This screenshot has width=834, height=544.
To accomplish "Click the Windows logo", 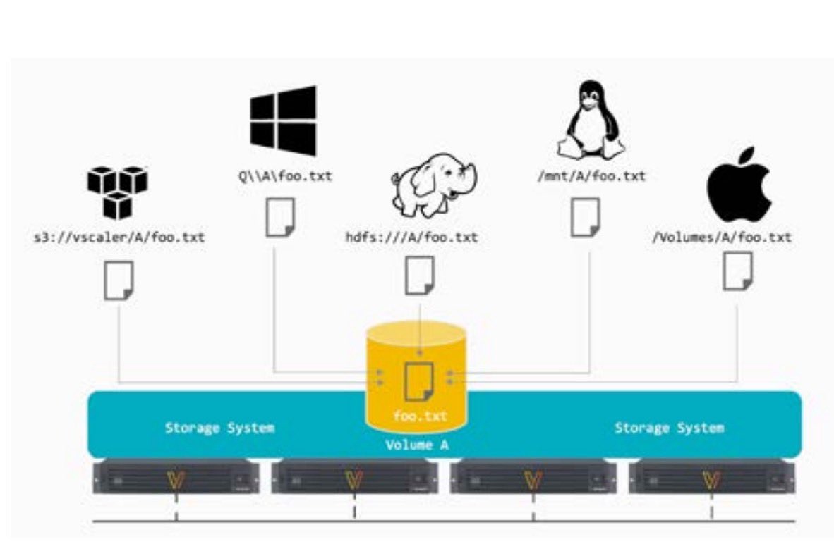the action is click(x=283, y=120).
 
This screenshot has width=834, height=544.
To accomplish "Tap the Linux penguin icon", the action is click(x=591, y=119).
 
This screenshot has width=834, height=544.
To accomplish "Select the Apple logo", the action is click(x=739, y=185).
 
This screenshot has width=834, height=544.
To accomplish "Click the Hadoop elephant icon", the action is click(x=433, y=185).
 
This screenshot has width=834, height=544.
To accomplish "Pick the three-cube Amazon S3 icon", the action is click(x=118, y=193).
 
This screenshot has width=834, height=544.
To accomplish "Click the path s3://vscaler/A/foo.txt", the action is click(x=119, y=237).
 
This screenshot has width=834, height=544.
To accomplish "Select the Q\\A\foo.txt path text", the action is click(x=285, y=176).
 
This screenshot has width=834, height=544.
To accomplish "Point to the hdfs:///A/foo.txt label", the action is click(x=411, y=237).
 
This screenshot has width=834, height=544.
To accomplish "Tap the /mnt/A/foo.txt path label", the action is click(x=591, y=176).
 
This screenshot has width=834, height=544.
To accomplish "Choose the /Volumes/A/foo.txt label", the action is click(x=722, y=237).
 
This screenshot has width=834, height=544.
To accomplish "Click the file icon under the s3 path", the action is click(x=119, y=280).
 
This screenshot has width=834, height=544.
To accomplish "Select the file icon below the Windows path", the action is click(x=280, y=217).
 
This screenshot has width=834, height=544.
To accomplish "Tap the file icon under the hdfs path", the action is click(x=421, y=276).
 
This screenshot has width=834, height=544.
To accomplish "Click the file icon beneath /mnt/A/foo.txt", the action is click(x=586, y=217).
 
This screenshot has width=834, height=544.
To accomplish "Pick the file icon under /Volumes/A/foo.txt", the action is click(x=738, y=271).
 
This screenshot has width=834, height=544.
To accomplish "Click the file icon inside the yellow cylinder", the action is click(x=419, y=381).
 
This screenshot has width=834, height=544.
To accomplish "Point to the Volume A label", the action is click(x=417, y=445).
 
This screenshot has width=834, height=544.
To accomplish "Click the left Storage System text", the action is click(x=219, y=428).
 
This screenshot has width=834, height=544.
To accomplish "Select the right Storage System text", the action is click(x=669, y=428).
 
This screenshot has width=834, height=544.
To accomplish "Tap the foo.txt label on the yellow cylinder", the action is click(x=421, y=416).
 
